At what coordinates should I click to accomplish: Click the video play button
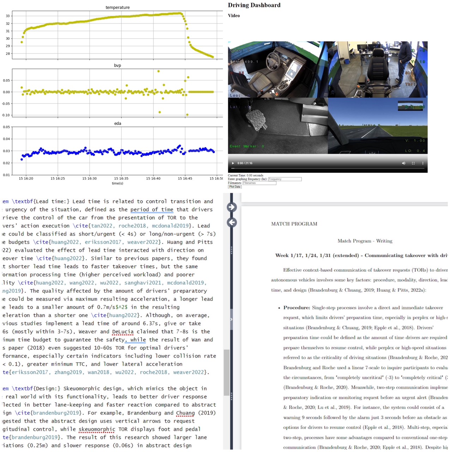point(233,163)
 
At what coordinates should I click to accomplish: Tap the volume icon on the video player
point(403,163)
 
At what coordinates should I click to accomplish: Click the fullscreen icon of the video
point(413,163)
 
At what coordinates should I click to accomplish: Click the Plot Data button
point(235,187)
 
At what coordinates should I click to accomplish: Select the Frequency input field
point(285,179)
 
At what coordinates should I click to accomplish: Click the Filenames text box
point(259,183)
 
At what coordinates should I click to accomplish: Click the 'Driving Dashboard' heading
point(254,5)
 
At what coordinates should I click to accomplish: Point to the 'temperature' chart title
point(117,7)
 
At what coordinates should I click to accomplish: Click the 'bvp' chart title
point(117,65)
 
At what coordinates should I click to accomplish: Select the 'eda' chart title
point(117,123)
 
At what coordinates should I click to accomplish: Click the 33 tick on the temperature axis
point(8,16)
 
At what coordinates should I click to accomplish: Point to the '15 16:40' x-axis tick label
point(153,178)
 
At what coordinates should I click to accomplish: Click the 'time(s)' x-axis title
point(117,183)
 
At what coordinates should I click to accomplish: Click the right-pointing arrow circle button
point(232,207)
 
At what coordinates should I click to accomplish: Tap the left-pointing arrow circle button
point(232,222)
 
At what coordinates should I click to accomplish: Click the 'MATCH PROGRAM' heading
point(294,224)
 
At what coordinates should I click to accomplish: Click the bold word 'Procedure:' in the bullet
point(297,308)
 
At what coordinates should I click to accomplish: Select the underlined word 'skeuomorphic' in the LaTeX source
point(97,429)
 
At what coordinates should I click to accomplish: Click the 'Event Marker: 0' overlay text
point(247,146)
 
